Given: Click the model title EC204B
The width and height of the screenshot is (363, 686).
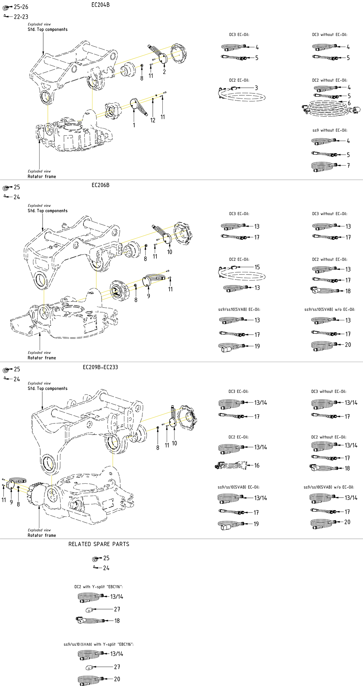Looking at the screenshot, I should (100, 5).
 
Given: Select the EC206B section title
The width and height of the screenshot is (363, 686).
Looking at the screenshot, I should (100, 185).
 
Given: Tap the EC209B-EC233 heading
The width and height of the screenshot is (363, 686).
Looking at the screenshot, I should (100, 367).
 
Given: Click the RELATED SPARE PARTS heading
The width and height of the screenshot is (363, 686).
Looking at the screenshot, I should (99, 544).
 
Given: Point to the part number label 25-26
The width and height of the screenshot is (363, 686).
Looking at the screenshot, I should (21, 7).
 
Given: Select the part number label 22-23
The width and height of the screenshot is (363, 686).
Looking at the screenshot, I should (21, 17).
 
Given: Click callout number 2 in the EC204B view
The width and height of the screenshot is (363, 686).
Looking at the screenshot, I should (164, 72).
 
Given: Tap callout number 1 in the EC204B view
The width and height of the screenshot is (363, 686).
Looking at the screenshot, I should (134, 125).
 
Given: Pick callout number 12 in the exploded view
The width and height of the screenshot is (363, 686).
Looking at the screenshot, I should (153, 120).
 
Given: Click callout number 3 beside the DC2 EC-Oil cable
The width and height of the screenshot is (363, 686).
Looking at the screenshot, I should (256, 88).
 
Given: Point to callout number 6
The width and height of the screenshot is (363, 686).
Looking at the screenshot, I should (349, 103).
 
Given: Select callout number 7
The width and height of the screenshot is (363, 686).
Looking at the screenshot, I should (348, 165).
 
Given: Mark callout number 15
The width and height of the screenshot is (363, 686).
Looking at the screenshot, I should (257, 267).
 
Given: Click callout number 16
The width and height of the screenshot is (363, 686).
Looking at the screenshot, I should (257, 465).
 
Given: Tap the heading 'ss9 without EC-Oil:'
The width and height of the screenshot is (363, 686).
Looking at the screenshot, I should (330, 130).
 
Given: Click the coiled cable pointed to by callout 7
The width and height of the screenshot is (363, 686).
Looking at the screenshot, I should (324, 166).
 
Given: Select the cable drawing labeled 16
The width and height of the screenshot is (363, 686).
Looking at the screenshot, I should (231, 466).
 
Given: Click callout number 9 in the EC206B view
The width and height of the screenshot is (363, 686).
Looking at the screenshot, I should (148, 296).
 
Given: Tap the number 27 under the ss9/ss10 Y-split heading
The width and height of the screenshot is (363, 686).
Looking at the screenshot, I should (117, 667).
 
